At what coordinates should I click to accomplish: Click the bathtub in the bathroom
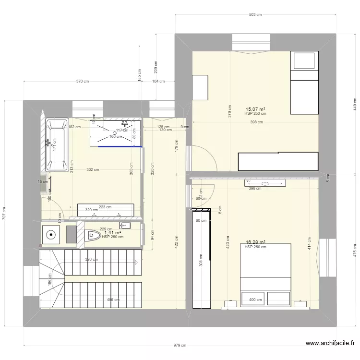coord(57,145)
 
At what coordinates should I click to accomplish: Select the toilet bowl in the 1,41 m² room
coord(92,235)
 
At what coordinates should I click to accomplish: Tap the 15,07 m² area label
coord(255,109)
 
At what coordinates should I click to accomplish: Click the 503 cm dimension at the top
coord(255,15)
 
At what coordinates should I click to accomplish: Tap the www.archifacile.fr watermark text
coord(331,343)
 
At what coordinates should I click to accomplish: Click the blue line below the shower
coord(120,147)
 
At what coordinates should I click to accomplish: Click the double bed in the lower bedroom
coord(265,274)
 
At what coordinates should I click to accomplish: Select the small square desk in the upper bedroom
coord(201,87)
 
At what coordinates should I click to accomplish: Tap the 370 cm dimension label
coord(83,81)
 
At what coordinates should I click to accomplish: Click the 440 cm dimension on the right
coord(355,103)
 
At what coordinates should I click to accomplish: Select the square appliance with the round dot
coord(50,235)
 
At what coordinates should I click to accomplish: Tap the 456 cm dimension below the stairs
coord(113,300)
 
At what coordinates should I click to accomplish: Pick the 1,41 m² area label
coord(112,233)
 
